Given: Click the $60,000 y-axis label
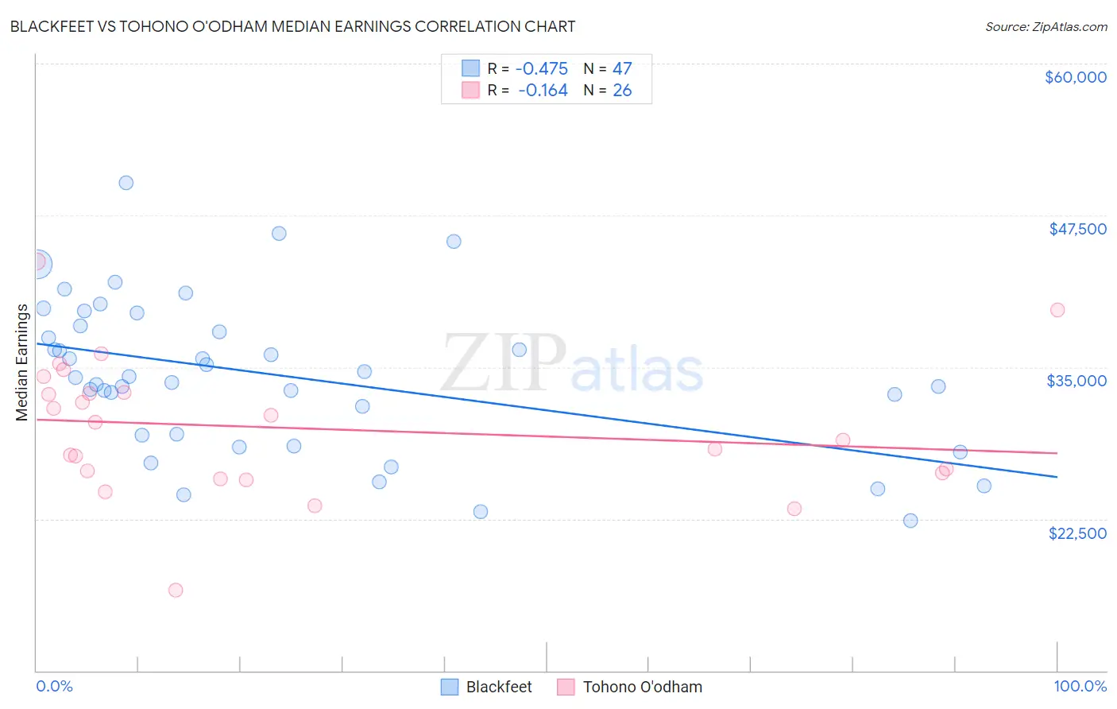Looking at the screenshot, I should tap(1075, 77).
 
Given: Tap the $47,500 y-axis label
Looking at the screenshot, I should tap(1077, 229).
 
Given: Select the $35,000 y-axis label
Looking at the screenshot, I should tap(1076, 381).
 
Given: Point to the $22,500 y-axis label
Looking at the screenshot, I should tap(1077, 533).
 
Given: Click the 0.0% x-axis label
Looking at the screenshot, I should tap(54, 686).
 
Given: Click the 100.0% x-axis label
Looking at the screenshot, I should tap(1080, 686).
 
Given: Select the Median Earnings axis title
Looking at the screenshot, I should tap(21, 362).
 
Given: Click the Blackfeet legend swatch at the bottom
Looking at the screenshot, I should tap(450, 687).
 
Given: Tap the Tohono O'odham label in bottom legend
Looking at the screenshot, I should tap(642, 687).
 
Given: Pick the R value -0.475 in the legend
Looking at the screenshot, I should tap(541, 68).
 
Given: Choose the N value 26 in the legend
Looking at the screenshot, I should tap(622, 91).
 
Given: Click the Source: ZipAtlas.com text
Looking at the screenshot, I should tap(1045, 27).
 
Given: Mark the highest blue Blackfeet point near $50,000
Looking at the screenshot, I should tap(126, 183).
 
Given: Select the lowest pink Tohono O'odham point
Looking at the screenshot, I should tap(176, 590).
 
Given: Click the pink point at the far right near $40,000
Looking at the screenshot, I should tap(1057, 310).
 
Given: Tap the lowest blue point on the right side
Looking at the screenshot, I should tap(910, 521).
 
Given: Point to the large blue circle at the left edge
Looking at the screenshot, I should tap(37, 264).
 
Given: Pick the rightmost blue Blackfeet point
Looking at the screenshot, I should tap(984, 486).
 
